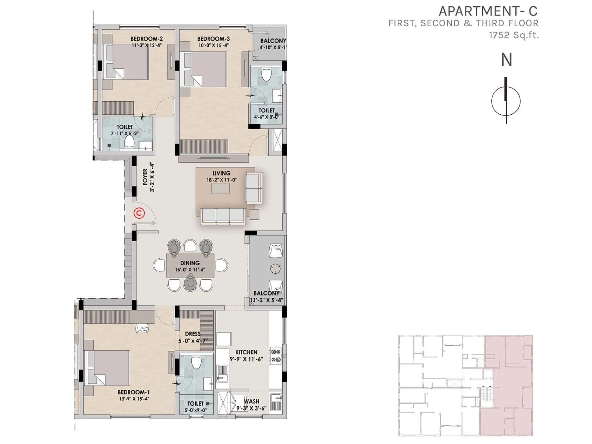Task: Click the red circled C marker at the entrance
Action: (x=139, y=213)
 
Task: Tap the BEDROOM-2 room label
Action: (x=147, y=39)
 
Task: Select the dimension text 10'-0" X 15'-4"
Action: (x=213, y=46)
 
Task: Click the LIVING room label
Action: (x=221, y=173)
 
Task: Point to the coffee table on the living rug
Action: (x=221, y=188)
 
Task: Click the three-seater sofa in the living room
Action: (x=222, y=216)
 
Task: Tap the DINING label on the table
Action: (x=190, y=263)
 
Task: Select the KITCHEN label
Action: (x=246, y=352)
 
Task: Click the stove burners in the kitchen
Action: (x=275, y=355)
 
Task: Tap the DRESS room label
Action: (x=193, y=334)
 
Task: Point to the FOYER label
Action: (x=145, y=177)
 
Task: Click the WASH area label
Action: (x=252, y=401)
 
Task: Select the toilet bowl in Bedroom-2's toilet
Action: (x=129, y=141)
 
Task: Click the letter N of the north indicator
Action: (x=506, y=60)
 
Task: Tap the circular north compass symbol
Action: (x=506, y=101)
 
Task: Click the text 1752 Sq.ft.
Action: (x=514, y=35)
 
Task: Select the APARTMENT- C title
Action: (x=488, y=11)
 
